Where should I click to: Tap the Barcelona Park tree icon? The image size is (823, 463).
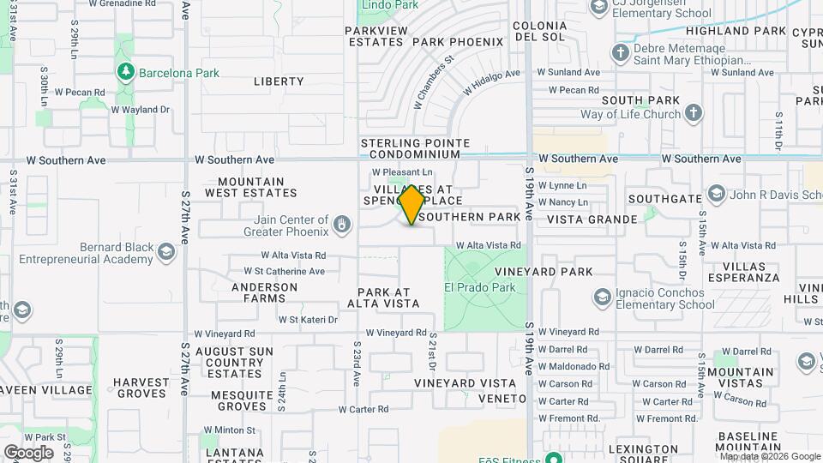pos(126,71)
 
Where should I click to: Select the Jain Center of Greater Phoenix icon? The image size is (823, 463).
pos(342,225)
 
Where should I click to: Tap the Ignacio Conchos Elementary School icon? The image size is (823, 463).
pos(604,298)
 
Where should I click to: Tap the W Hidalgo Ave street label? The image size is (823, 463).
pos(493,82)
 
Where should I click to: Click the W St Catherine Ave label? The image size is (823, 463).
pos(272,272)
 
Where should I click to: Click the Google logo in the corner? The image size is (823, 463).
pos(28,452)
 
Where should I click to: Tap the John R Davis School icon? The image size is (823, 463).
pos(716,194)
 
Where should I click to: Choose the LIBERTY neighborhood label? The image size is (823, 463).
pos(279,81)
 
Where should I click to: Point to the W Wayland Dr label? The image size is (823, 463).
pos(141,110)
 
